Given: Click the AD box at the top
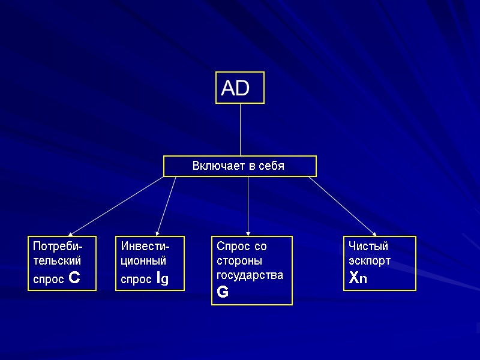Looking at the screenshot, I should [x=239, y=88].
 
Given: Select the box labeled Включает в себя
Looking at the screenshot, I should [x=239, y=166].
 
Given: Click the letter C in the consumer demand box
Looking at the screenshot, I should [x=75, y=278].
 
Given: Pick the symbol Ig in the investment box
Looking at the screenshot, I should [x=161, y=278].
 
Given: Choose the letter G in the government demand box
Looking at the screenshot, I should [x=223, y=292].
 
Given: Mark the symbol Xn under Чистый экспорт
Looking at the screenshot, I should [x=358, y=278].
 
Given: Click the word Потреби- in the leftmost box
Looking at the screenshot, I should [x=58, y=247].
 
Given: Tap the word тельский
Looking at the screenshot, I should [x=57, y=261].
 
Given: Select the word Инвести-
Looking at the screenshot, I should [x=145, y=247].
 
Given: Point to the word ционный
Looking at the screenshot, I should [x=143, y=261].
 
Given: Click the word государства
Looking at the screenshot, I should [x=249, y=275].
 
